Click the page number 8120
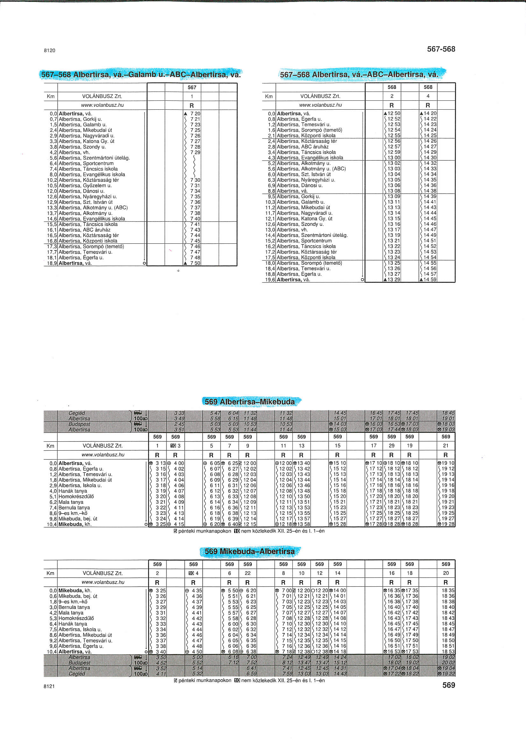pos(49,51)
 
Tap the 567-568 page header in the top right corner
pos(441,49)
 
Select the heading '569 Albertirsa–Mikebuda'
pos(249,402)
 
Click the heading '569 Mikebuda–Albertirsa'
pos(249,551)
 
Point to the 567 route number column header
pos(192,87)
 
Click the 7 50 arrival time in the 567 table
pos(195,263)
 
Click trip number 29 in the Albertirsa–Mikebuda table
pos(391,446)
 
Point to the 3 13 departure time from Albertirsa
pos(161,463)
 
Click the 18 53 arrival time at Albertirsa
pos(448,652)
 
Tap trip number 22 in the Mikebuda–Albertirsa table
pos(248,573)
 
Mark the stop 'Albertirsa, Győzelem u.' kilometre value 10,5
pos(52,186)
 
